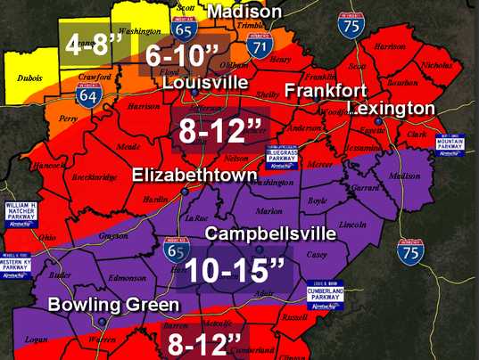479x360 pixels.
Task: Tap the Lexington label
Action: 393,108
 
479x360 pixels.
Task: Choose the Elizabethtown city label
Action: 189,176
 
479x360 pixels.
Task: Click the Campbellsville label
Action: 270,233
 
